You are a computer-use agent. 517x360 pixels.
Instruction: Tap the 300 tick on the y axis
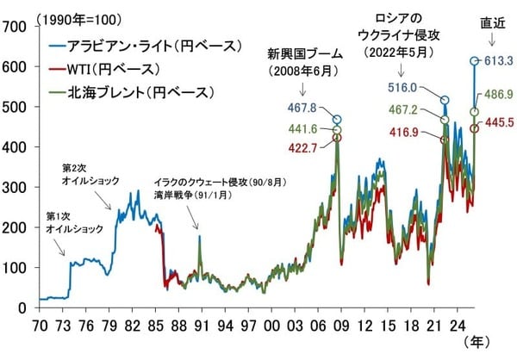(13, 187)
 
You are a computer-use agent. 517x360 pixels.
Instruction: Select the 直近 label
(491, 22)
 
